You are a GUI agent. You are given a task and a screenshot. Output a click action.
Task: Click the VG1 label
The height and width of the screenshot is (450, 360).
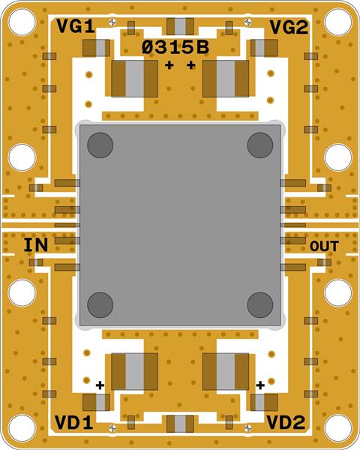tap(76, 27)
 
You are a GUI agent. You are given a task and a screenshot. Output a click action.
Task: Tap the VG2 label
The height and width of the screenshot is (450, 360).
tap(289, 28)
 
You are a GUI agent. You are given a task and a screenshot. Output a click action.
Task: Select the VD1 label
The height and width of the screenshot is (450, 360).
tap(74, 422)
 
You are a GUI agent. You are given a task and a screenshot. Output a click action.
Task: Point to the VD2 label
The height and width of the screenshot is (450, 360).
tap(286, 422)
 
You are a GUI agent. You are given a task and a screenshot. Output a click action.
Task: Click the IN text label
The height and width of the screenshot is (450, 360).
tap(35, 245)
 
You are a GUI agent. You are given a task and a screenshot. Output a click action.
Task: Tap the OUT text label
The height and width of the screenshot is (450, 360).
tap(324, 247)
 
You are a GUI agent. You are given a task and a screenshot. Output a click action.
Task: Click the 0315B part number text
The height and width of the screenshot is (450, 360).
tap(175, 48)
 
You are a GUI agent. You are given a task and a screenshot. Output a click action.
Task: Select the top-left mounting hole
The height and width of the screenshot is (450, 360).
tap(22, 22)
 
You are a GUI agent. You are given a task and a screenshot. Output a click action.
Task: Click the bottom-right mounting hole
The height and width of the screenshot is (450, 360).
tap(338, 428)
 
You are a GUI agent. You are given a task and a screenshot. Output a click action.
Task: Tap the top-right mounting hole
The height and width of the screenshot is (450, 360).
tap(338, 22)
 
